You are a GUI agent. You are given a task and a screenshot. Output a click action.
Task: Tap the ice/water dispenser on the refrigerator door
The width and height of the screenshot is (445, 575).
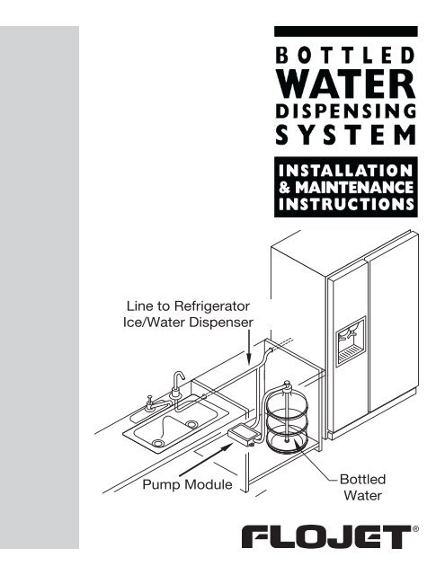[x=349, y=341]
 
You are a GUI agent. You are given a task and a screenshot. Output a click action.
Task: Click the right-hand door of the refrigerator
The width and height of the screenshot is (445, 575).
[x=391, y=341]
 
